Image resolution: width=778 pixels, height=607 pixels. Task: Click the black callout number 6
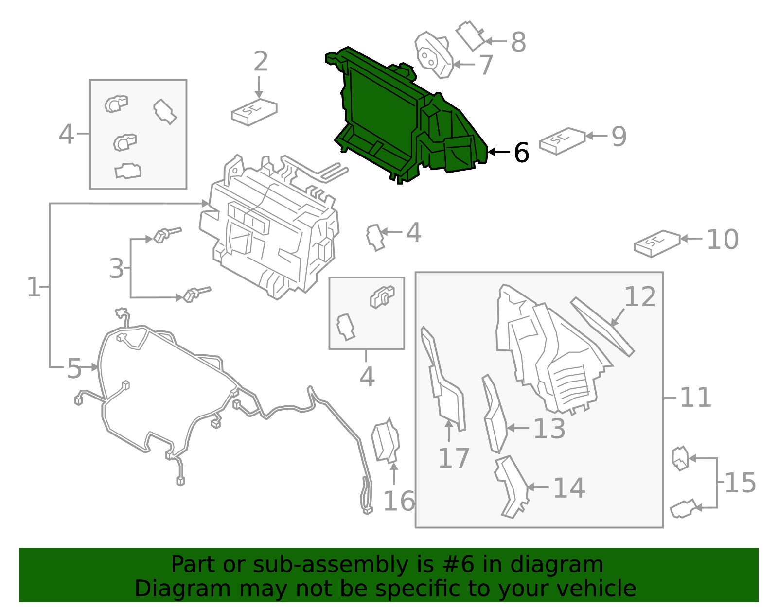coord(521,152)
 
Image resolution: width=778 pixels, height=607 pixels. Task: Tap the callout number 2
coord(260,61)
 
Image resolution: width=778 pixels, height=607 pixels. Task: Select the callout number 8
coord(518,42)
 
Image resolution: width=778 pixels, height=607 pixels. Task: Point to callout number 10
coord(723,239)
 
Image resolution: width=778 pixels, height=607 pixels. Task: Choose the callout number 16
coord(399,501)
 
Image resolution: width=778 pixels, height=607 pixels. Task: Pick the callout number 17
coord(454,458)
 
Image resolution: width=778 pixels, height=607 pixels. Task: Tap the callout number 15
coord(741,483)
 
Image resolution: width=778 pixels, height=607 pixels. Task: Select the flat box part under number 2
coord(254,112)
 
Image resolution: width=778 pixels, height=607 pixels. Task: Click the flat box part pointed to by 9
coord(563,141)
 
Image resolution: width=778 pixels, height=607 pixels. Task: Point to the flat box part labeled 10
coord(657,243)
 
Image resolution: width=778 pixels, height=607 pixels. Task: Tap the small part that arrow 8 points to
coord(471,36)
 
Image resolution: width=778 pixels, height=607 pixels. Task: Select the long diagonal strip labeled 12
coord(602,327)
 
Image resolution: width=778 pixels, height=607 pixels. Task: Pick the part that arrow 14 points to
coord(511,486)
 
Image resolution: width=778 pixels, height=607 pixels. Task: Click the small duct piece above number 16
coord(386,441)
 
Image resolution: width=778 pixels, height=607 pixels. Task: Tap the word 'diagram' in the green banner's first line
coord(557,565)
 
